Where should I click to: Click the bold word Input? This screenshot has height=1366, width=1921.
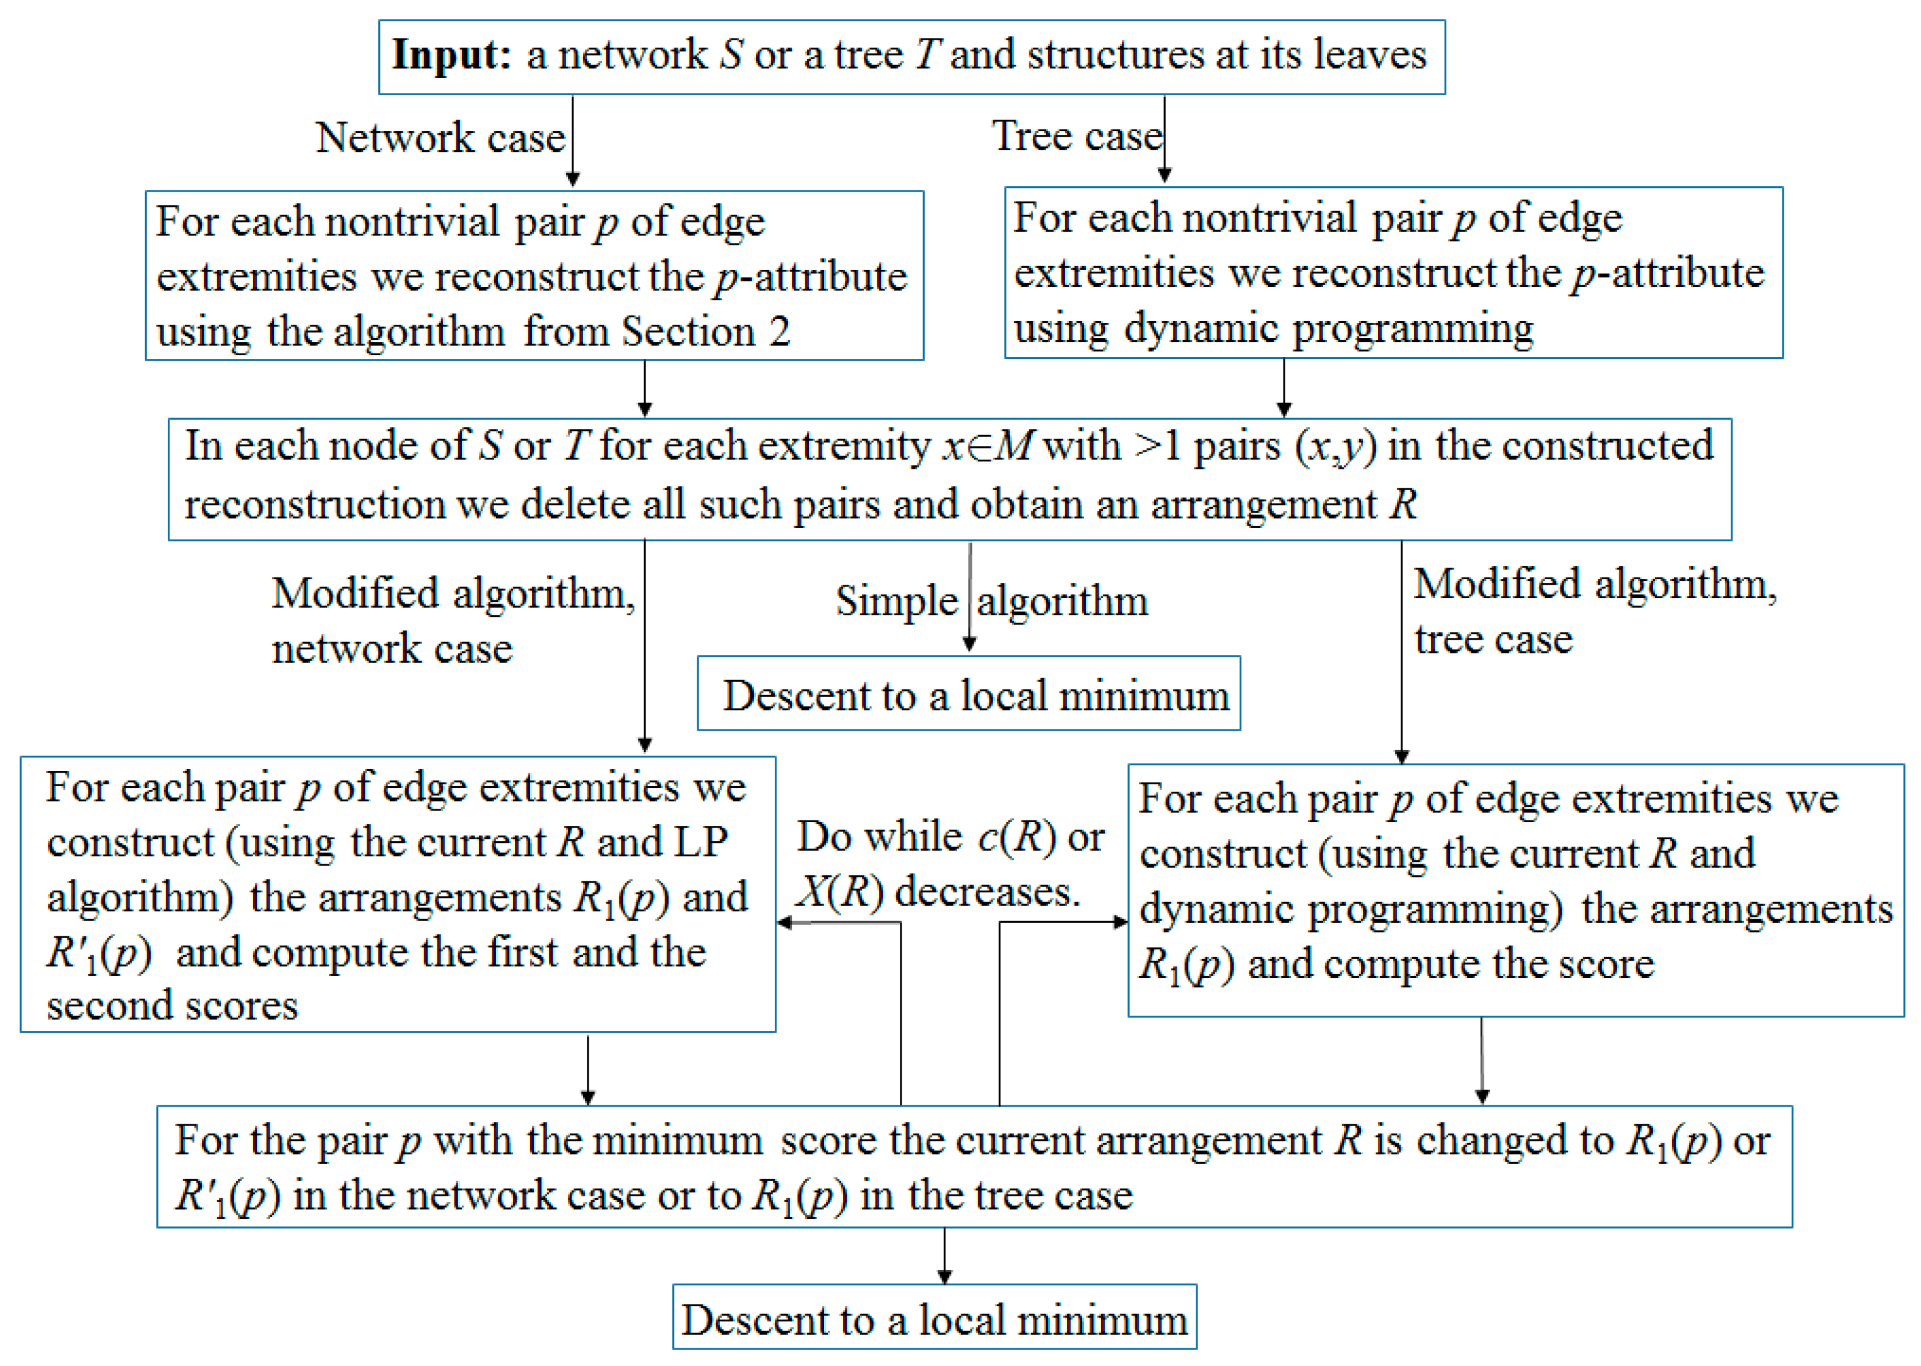pos(451,56)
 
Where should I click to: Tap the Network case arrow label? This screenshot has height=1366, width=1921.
pos(440,137)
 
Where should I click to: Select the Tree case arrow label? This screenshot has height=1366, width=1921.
pos(1076,136)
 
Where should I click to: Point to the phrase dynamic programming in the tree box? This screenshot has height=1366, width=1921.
pos(1328,328)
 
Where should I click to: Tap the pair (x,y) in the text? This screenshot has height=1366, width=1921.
pos(1335,446)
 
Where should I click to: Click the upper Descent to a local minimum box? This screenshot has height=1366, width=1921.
pos(969,693)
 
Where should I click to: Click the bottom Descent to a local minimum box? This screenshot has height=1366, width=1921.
pos(934,1318)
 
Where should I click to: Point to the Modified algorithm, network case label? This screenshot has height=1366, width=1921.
pos(452,620)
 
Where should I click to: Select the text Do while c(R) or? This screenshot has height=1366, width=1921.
pos(950,837)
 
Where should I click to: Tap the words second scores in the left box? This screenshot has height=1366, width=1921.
pos(173,1006)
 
